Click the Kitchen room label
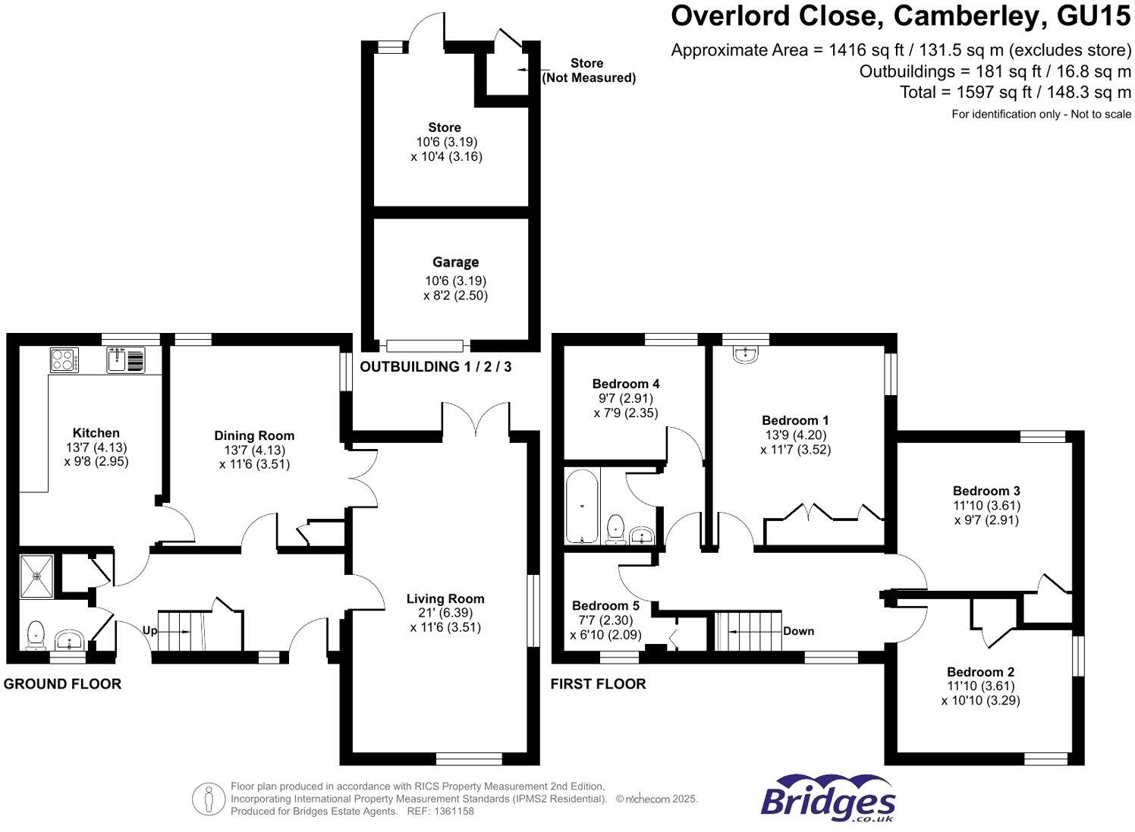96,433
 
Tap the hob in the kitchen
64,359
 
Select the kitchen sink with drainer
126,359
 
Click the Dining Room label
253,435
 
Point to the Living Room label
445,598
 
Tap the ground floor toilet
35,635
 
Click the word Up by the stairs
149,629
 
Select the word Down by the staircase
798,630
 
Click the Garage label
455,262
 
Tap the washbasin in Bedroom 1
746,353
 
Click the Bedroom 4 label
620,384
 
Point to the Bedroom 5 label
605,605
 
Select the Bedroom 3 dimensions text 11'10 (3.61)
986,506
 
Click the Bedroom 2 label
980,672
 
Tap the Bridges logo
828,799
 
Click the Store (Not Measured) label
588,71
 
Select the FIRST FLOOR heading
599,684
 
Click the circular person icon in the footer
208,799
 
